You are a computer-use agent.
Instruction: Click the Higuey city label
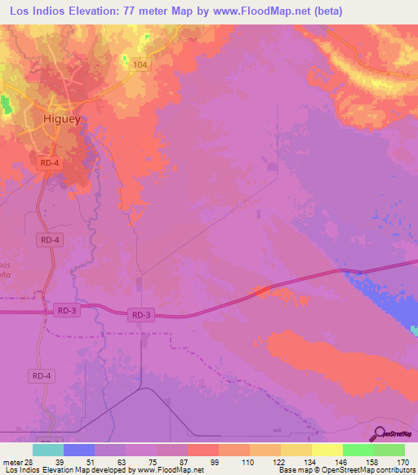point(61,119)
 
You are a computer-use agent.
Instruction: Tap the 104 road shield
point(140,64)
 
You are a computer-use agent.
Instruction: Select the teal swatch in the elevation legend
point(48,450)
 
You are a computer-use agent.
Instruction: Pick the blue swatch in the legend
point(79,450)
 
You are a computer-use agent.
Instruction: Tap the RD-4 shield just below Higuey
point(50,163)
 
